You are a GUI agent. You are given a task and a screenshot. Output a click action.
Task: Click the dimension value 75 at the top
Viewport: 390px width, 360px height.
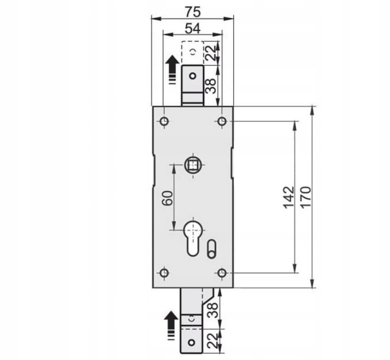click(193, 12)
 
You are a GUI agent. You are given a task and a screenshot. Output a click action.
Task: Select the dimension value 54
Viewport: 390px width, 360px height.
click(193, 28)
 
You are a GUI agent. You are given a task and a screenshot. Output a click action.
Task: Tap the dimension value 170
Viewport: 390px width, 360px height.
click(305, 197)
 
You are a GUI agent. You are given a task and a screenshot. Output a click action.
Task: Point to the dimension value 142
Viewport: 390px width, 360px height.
click(289, 197)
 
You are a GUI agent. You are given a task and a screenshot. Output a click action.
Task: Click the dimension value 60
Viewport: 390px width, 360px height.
click(168, 198)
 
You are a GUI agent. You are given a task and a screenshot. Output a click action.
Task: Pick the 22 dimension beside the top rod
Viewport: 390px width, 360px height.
click(211, 53)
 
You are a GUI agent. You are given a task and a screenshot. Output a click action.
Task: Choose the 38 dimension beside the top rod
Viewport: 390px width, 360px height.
click(211, 86)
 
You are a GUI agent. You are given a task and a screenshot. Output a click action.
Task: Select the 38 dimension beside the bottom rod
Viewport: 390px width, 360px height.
click(213, 310)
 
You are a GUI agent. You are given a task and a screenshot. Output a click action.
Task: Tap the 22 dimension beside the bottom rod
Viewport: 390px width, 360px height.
click(213, 341)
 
